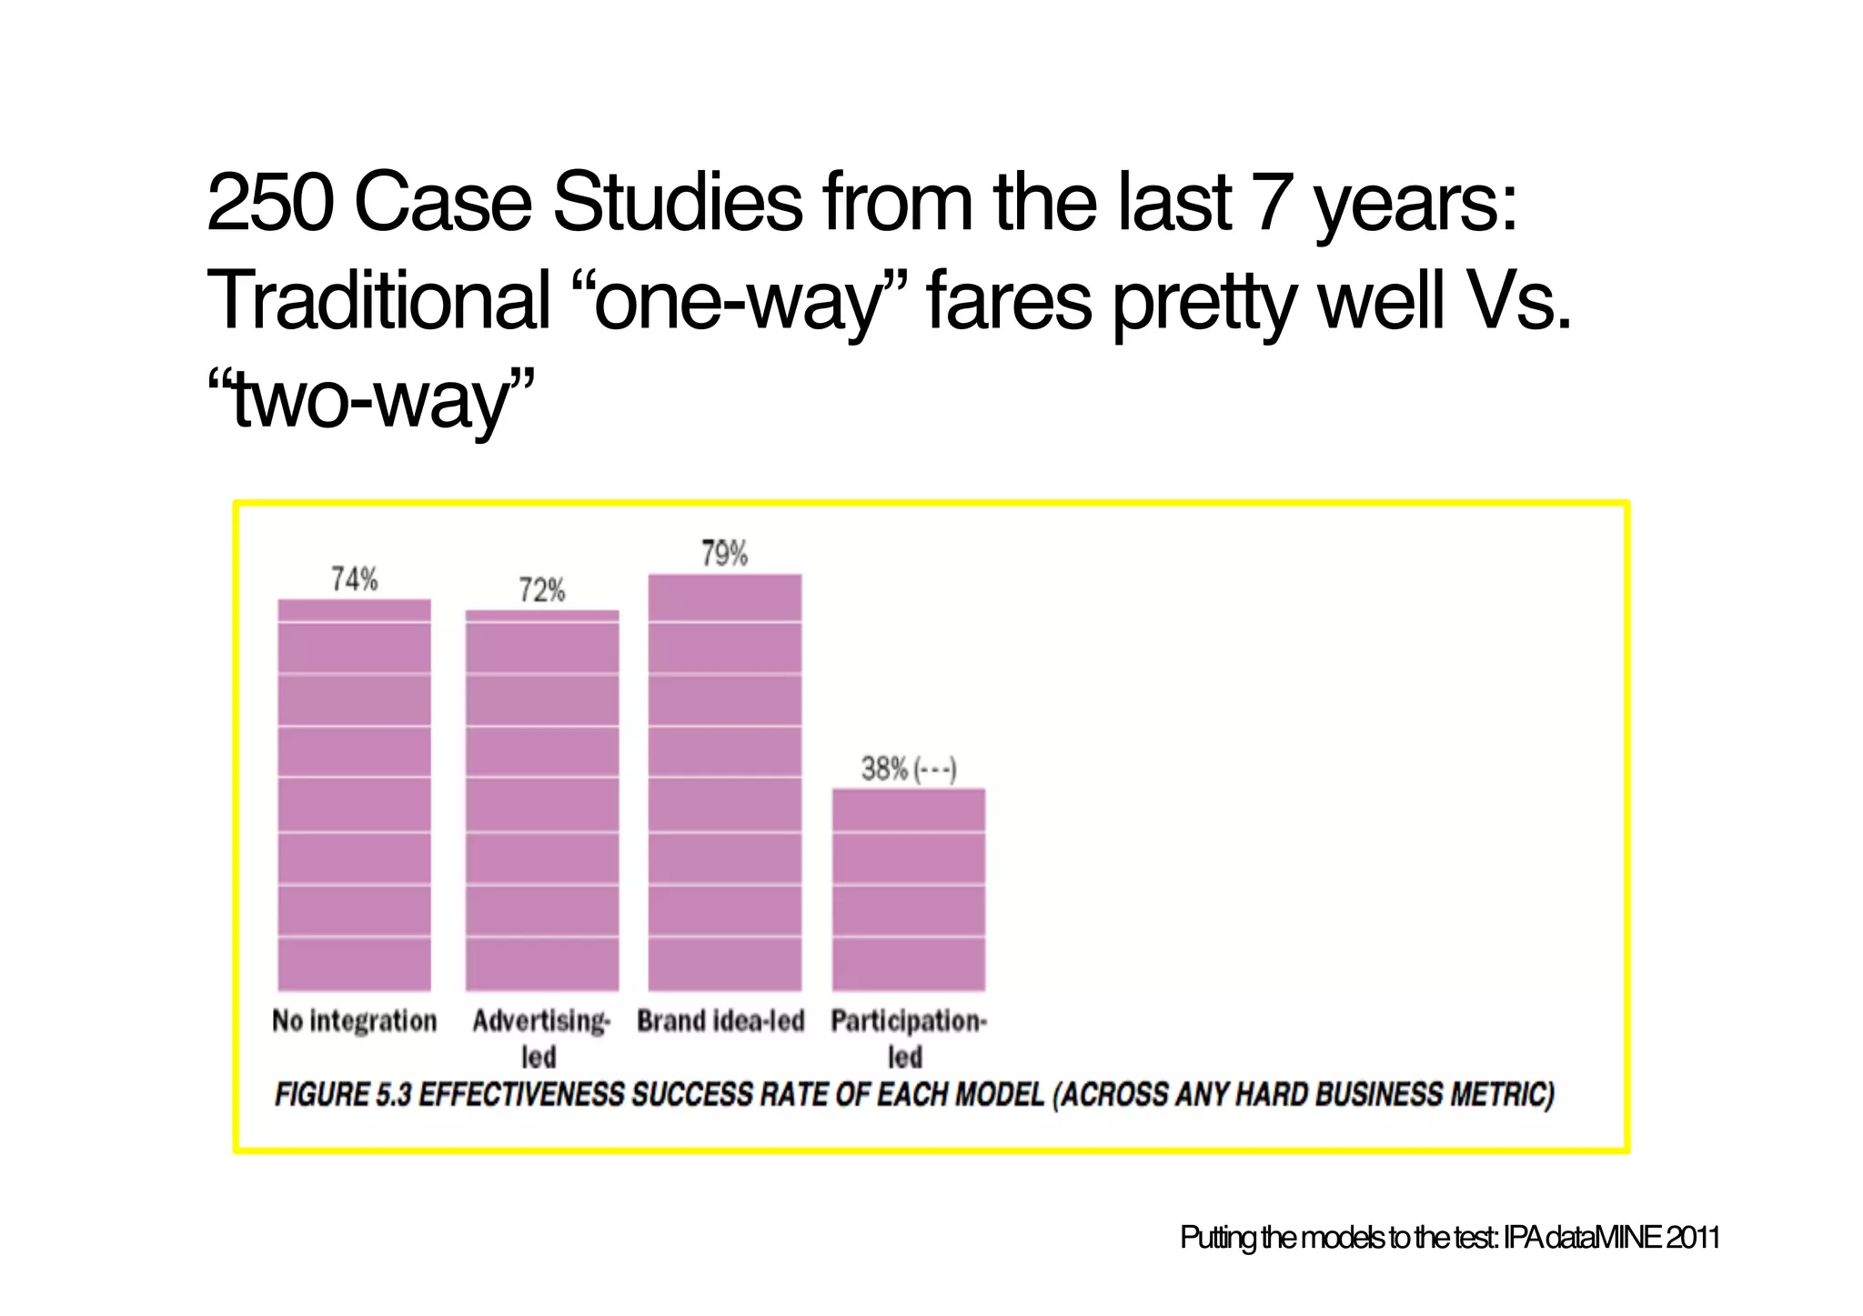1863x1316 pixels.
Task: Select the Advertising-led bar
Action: pyautogui.click(x=542, y=799)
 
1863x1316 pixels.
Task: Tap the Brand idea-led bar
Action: pyautogui.click(x=725, y=781)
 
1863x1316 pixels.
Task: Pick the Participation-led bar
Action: pyautogui.click(x=909, y=889)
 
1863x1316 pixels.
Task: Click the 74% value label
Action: pyautogui.click(x=354, y=579)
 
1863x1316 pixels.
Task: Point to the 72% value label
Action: pyautogui.click(x=542, y=591)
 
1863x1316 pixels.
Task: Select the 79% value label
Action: pyautogui.click(x=724, y=554)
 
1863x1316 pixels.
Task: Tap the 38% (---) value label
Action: pyautogui.click(x=909, y=769)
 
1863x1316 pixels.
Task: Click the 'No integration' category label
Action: pyautogui.click(x=355, y=1021)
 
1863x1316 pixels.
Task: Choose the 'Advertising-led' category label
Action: pyautogui.click(x=541, y=1038)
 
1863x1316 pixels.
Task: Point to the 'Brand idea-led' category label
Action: pyautogui.click(x=720, y=1021)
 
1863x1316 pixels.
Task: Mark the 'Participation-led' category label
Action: pyautogui.click(x=908, y=1038)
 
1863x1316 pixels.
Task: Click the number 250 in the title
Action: pyautogui.click(x=269, y=203)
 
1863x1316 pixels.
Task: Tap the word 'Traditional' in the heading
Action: pyautogui.click(x=378, y=300)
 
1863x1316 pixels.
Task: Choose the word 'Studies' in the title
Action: pyautogui.click(x=679, y=203)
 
